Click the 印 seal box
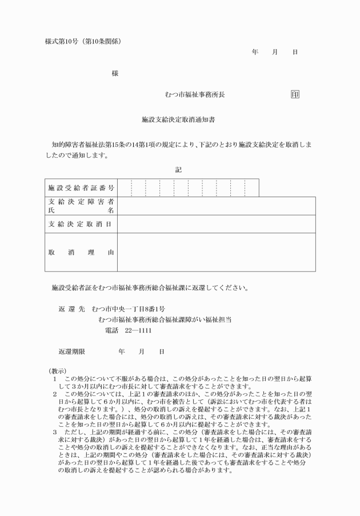click(x=295, y=94)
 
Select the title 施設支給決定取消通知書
click(x=178, y=121)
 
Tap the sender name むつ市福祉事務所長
click(x=194, y=94)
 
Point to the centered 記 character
click(x=179, y=169)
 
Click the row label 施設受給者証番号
click(x=81, y=187)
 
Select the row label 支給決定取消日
click(x=81, y=223)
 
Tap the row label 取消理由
click(x=81, y=252)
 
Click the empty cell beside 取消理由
click(x=216, y=252)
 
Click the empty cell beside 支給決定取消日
click(x=216, y=223)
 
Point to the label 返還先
click(x=71, y=308)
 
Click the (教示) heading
click(x=58, y=371)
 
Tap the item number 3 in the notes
click(x=54, y=433)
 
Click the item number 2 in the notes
click(x=54, y=394)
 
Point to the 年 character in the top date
click(x=255, y=52)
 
